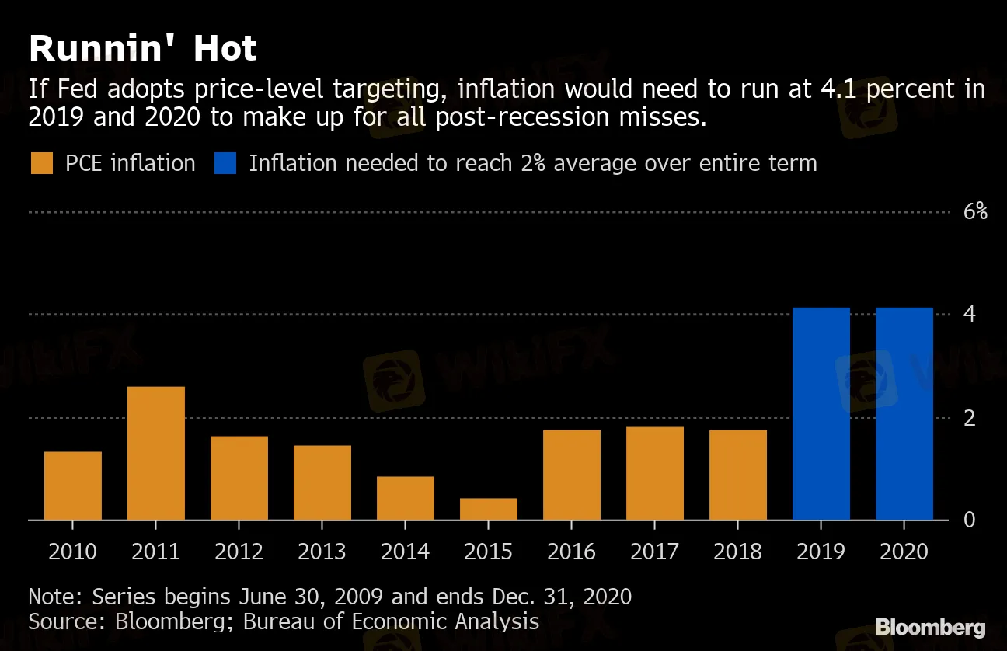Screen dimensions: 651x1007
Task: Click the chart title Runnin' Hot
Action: click(142, 50)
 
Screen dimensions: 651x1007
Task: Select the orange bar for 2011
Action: click(156, 453)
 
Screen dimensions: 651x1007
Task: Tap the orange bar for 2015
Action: click(489, 509)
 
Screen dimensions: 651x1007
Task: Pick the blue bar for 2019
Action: click(821, 413)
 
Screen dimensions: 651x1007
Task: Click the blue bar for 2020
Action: click(904, 413)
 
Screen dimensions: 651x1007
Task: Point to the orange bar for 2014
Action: click(406, 498)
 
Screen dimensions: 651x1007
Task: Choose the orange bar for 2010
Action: click(73, 486)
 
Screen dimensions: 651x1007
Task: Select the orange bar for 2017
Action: click(655, 473)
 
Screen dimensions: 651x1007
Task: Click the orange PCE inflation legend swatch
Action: click(42, 164)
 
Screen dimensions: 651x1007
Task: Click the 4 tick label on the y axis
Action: click(970, 314)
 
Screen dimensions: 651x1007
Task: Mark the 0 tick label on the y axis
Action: click(970, 519)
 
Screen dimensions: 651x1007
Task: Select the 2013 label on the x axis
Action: click(322, 552)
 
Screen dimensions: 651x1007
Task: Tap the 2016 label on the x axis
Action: click(572, 552)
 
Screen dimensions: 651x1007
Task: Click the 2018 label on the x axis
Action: click(738, 552)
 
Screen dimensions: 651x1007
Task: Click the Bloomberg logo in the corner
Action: click(931, 628)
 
